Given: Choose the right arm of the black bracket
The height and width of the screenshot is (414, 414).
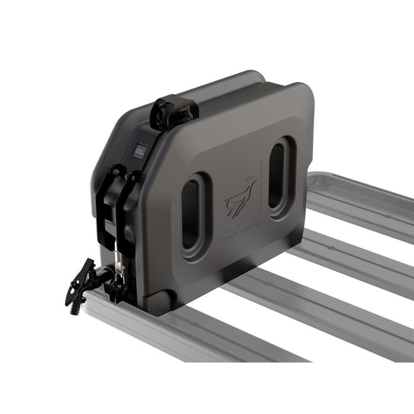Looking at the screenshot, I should [129, 195].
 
